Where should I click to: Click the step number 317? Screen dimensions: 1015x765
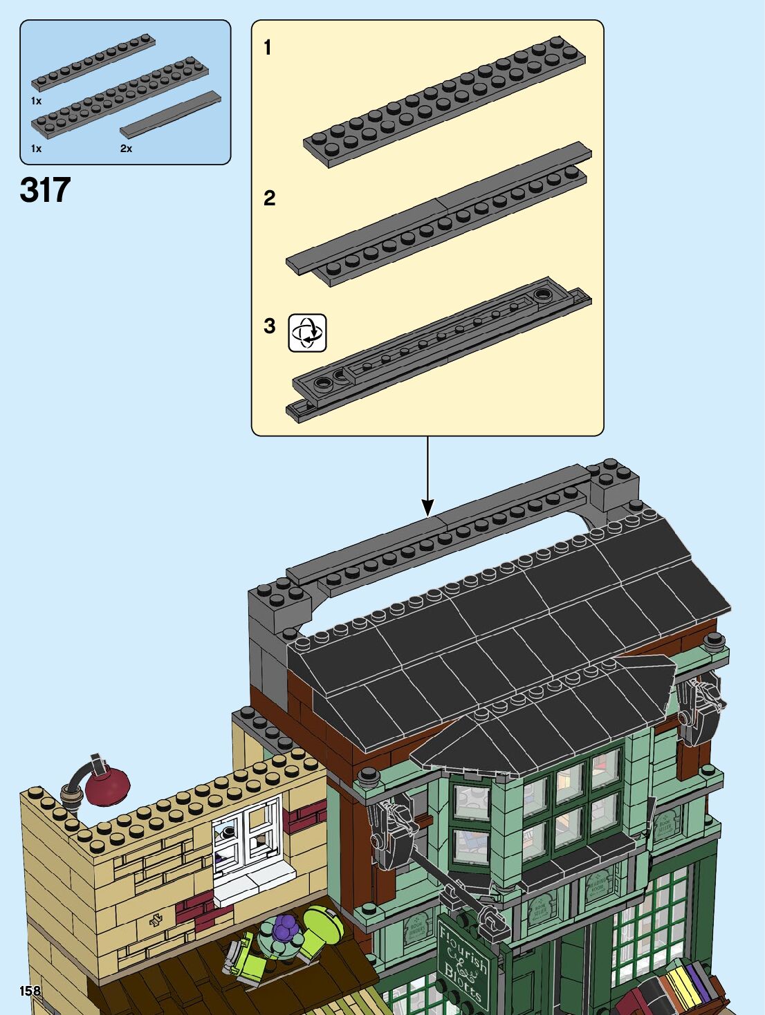46,190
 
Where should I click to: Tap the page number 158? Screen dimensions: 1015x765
30,991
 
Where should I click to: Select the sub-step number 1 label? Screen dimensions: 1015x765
268,48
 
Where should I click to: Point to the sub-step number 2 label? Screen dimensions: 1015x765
269,198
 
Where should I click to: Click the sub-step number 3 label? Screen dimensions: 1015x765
269,326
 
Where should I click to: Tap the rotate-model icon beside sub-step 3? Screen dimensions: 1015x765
307,333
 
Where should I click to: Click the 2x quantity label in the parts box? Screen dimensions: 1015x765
126,148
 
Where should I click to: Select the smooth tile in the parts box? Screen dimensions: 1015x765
171,113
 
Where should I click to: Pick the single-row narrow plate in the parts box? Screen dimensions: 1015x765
93,64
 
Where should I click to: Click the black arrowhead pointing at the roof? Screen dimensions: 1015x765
427,508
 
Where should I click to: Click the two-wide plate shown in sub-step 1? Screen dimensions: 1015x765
444,102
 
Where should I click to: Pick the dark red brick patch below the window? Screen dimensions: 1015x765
198,911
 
